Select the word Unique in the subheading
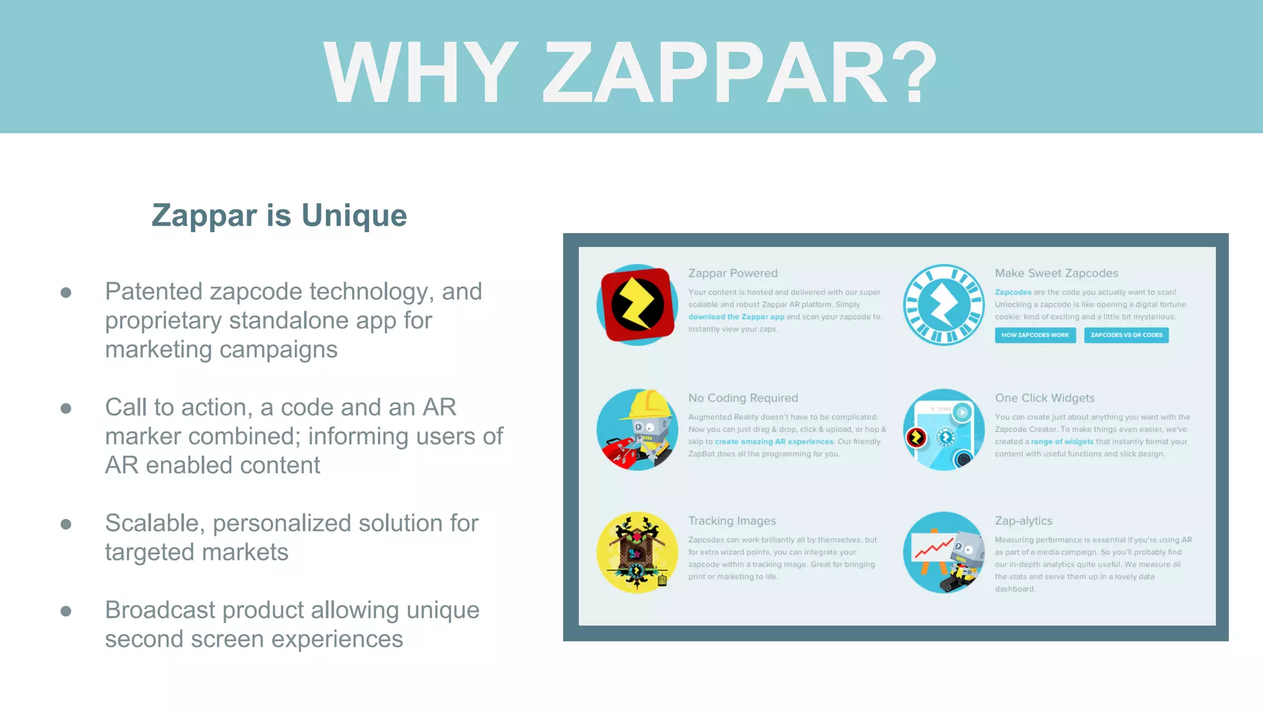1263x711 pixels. click(x=354, y=216)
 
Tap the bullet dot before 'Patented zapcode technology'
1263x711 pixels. click(x=66, y=292)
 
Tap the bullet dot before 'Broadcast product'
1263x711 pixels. click(x=66, y=611)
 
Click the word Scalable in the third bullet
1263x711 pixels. click(x=155, y=523)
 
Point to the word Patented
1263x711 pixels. click(x=154, y=292)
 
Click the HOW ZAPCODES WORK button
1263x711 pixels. click(x=1035, y=335)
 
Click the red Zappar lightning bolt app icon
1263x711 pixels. click(x=638, y=305)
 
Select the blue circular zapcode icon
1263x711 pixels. click(x=944, y=305)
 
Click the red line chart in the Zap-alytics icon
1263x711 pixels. click(x=932, y=548)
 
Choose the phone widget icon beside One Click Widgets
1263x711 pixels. click(x=944, y=430)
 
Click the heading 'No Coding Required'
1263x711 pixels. click(x=743, y=398)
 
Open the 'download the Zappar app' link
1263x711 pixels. click(x=736, y=317)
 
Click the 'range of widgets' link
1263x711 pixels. click(x=1062, y=441)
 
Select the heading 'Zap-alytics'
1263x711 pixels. click(x=1023, y=521)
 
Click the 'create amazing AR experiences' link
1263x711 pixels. click(x=774, y=441)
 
